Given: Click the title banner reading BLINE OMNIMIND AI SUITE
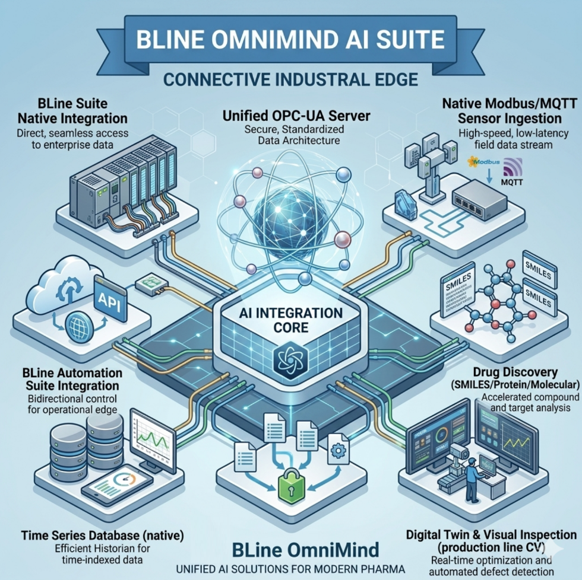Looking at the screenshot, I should [291, 40].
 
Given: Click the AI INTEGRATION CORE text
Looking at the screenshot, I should [290, 319].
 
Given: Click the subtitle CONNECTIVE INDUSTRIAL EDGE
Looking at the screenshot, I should [290, 80].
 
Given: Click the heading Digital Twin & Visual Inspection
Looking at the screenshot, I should [491, 536].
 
